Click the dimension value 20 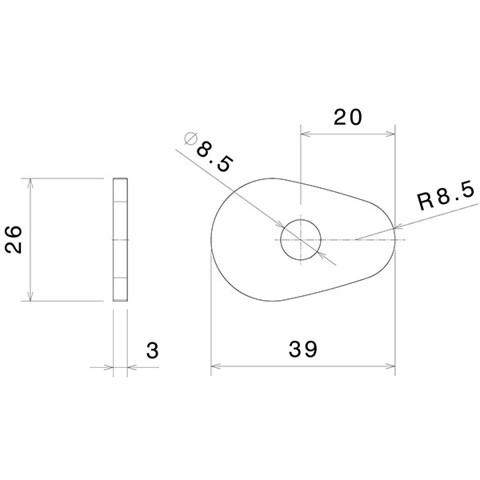[348, 118]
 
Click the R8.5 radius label [447, 197]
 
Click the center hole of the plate [300, 239]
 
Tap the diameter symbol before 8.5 [190, 138]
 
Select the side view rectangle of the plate [120, 239]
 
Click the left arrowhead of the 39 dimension [214, 369]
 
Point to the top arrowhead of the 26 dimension [30, 182]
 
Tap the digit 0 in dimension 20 [357, 118]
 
